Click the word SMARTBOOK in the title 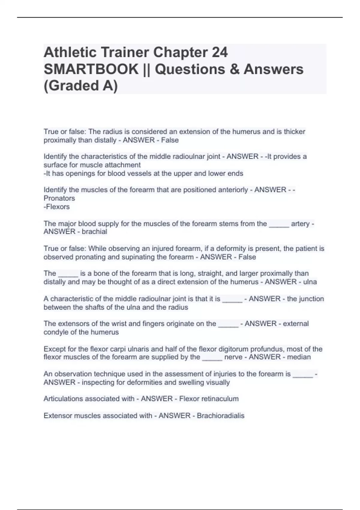pos(91,69)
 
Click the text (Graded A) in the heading pos(81,85)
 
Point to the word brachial pos(94,232)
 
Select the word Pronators pos(59,198)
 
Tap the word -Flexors pos(57,207)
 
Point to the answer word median pos(299,357)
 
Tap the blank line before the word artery pos(279,224)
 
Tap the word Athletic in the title pos(70,52)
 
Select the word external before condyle pos(296,324)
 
